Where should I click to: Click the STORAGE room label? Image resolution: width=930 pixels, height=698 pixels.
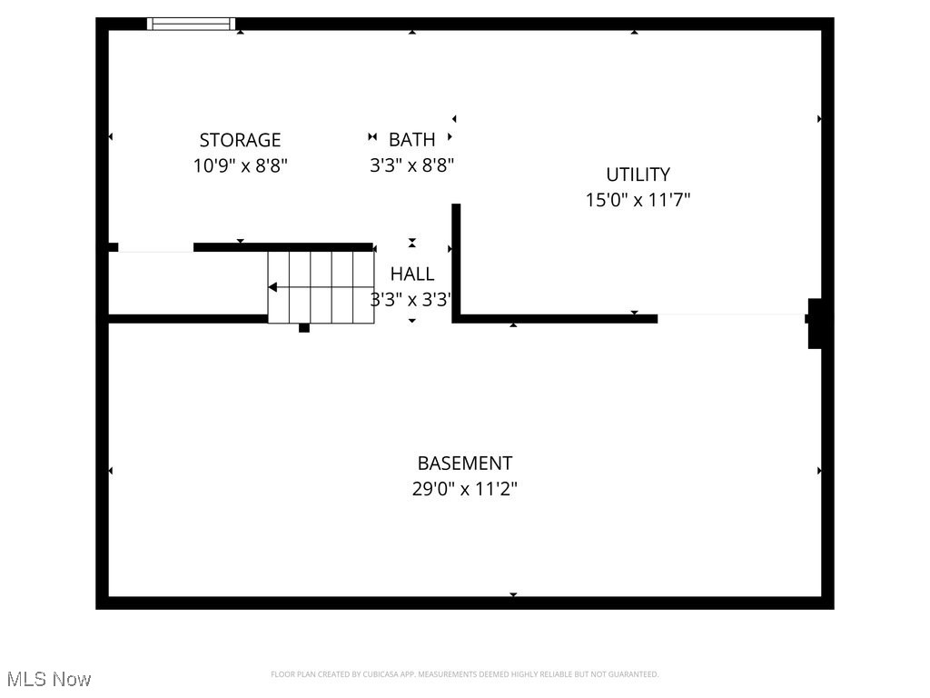click(240, 140)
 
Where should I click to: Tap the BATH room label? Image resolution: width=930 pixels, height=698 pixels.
click(411, 139)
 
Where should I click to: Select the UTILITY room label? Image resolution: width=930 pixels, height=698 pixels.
click(638, 174)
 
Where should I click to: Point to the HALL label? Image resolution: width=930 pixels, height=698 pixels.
click(411, 274)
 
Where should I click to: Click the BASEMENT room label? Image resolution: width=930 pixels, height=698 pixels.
click(464, 464)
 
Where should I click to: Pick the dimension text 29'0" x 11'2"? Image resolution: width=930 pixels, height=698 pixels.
click(464, 489)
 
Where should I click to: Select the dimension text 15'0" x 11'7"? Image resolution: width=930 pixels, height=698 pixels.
click(638, 200)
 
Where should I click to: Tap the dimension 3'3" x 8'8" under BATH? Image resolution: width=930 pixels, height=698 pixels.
click(411, 165)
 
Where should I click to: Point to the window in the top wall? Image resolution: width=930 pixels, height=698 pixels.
click(191, 24)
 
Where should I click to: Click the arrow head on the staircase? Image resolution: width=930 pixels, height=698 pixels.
click(272, 287)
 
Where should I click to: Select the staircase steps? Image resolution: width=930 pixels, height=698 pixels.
click(322, 287)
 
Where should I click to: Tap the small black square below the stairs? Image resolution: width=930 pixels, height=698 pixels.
click(304, 328)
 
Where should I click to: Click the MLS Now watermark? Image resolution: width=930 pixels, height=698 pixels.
click(47, 679)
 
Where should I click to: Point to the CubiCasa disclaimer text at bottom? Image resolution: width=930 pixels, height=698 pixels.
click(464, 674)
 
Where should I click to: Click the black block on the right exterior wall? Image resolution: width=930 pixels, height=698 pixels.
click(816, 324)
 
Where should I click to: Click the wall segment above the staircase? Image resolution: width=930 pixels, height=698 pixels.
click(283, 246)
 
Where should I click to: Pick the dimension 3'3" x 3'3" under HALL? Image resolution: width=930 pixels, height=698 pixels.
click(410, 300)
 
